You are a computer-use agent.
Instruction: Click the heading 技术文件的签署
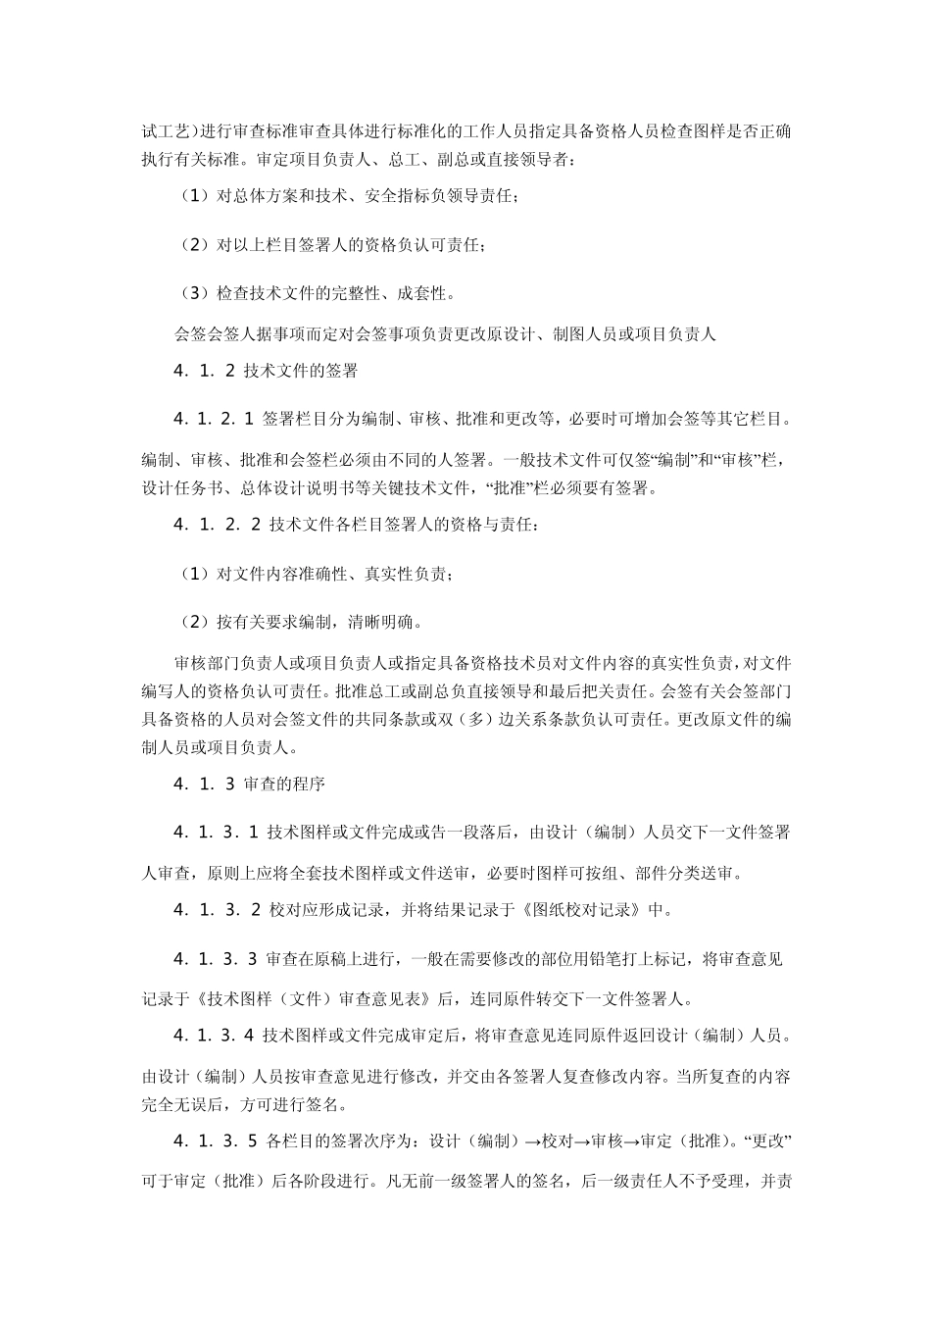(x=300, y=372)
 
